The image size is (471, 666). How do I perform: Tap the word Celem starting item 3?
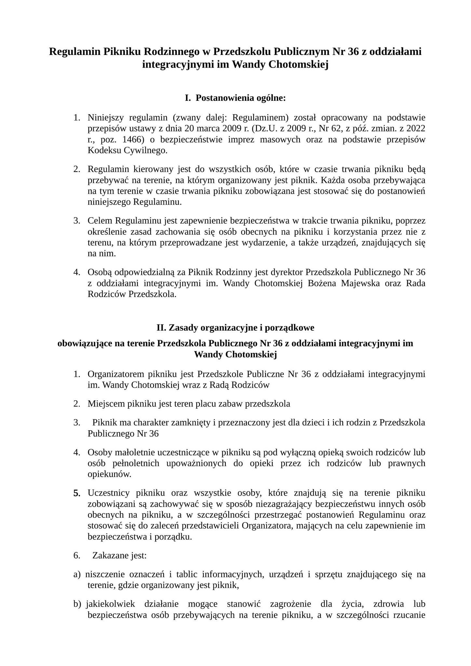pos(100,221)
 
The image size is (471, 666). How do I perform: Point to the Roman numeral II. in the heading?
pos(161,327)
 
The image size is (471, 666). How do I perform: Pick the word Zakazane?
pos(108,555)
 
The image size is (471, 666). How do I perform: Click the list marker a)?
pos(77,574)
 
